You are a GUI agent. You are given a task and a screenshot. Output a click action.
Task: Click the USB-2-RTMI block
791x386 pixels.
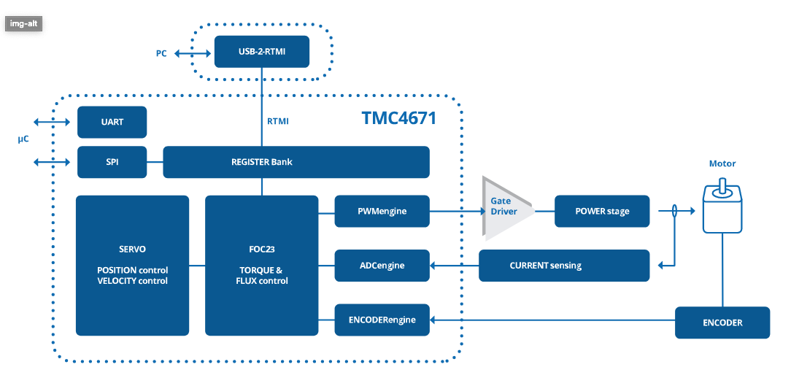(x=261, y=52)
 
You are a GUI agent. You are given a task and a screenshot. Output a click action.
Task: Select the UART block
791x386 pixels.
(x=112, y=122)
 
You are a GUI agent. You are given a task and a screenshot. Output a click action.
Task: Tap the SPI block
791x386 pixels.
(x=112, y=162)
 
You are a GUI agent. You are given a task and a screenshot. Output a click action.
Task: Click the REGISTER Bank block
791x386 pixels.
(x=296, y=162)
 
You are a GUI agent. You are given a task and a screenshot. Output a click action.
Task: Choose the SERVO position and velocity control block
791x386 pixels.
(x=132, y=266)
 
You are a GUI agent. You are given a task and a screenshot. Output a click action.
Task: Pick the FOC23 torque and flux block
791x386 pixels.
(x=261, y=266)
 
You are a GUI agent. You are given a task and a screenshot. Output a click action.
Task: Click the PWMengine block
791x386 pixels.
(x=382, y=211)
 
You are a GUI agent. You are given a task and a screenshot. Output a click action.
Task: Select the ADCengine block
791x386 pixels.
(x=382, y=266)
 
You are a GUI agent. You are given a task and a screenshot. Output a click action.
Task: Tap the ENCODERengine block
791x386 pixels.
(x=382, y=320)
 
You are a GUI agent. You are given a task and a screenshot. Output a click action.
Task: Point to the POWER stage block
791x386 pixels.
(x=602, y=211)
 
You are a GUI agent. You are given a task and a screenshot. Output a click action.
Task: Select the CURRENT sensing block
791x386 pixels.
(x=563, y=266)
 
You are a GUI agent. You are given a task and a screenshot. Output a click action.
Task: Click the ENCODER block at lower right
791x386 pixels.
(x=722, y=323)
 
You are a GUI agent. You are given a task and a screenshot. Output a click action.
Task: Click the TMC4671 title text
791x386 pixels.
(x=398, y=117)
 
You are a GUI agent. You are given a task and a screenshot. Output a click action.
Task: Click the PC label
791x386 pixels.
(x=161, y=54)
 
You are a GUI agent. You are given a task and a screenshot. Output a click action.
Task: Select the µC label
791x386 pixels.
(x=23, y=139)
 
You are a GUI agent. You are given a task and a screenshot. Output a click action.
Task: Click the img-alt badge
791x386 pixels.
(x=24, y=23)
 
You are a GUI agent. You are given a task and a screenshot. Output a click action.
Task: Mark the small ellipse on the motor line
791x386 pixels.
(x=674, y=211)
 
